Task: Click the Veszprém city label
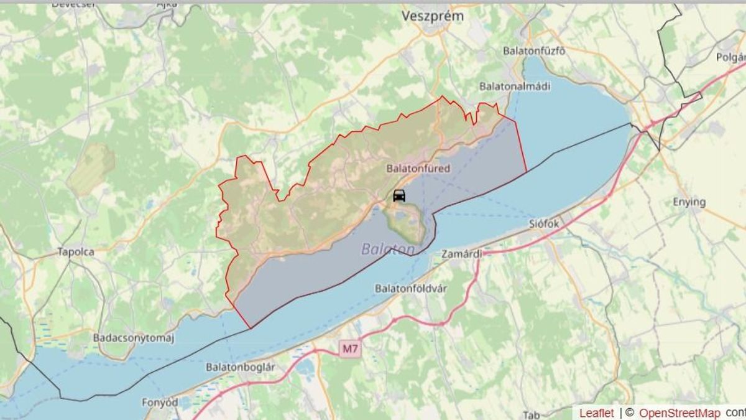tap(433, 16)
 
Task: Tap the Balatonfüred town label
tap(418, 169)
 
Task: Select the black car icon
tap(399, 195)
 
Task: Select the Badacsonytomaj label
tap(134, 338)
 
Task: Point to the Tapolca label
tap(75, 252)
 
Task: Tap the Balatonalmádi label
tap(515, 86)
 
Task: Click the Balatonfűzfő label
tap(534, 51)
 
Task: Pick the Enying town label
tap(689, 202)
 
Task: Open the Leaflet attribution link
tap(597, 413)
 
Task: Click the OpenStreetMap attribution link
tap(680, 413)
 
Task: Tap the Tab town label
tap(531, 415)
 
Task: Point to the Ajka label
tap(167, 4)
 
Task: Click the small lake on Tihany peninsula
tap(402, 216)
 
